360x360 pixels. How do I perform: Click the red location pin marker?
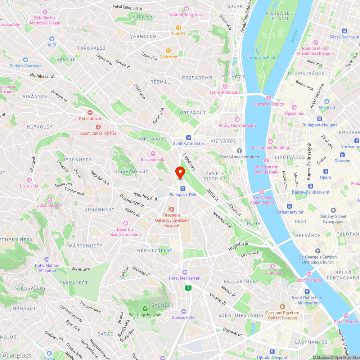[x=180, y=172]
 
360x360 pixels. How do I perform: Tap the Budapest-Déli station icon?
[x=183, y=188]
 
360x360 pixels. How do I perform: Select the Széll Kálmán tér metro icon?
[x=188, y=137]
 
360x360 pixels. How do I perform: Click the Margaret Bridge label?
[x=269, y=104]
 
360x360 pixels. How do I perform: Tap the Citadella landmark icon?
[x=273, y=266]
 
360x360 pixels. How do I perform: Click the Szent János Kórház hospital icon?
[x=98, y=127]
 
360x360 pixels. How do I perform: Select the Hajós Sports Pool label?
[x=258, y=57]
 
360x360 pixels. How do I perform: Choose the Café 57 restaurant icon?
[x=178, y=28]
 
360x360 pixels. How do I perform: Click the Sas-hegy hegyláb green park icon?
[x=145, y=309]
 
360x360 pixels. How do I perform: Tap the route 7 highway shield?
[x=188, y=288]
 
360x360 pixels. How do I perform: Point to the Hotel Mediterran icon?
[x=185, y=272]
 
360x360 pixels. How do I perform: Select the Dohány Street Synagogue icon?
[x=333, y=210]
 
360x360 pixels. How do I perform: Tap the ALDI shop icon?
[x=52, y=39]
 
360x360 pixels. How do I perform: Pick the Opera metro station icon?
[x=325, y=171]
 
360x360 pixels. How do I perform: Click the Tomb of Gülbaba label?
[x=225, y=92]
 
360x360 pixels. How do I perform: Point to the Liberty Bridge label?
[x=309, y=280]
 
